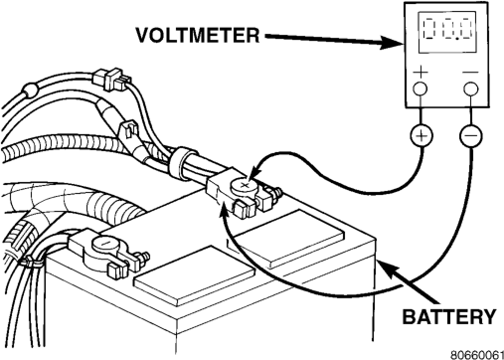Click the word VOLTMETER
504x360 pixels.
click(x=198, y=35)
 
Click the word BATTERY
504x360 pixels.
click(x=449, y=316)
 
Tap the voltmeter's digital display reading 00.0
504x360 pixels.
click(x=447, y=32)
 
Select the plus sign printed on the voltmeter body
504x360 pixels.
click(x=420, y=72)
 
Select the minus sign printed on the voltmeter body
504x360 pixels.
click(x=470, y=72)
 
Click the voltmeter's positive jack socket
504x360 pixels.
click(x=420, y=89)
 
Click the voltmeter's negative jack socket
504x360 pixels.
click(x=471, y=89)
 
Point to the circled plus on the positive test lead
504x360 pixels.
click(x=421, y=135)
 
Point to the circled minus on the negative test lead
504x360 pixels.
click(x=471, y=135)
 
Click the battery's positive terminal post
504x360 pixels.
click(x=245, y=187)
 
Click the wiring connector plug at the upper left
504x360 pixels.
click(x=110, y=80)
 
